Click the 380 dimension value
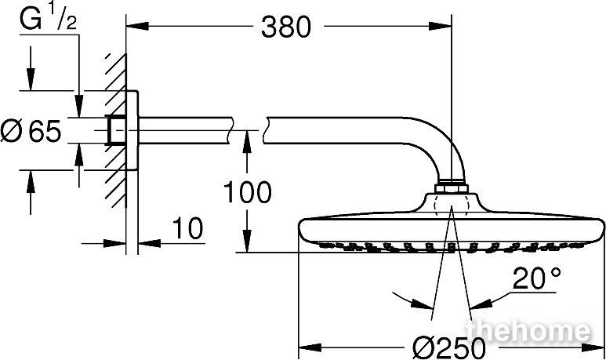pyautogui.click(x=285, y=27)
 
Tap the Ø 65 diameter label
pyautogui.click(x=31, y=131)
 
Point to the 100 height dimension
pyautogui.click(x=248, y=192)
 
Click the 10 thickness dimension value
pyautogui.click(x=187, y=228)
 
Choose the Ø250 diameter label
pyautogui.click(x=448, y=347)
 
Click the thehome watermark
pyautogui.click(x=528, y=332)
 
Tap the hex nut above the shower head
pyautogui.click(x=451, y=189)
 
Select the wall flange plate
pyautogui.click(x=132, y=130)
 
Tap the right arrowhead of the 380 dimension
pyautogui.click(x=441, y=27)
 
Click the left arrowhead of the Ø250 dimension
pyautogui.click(x=310, y=347)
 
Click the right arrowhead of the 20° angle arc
pyautogui.click(x=480, y=304)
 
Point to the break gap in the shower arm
pyautogui.click(x=248, y=130)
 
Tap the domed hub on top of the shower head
pyautogui.click(x=451, y=203)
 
